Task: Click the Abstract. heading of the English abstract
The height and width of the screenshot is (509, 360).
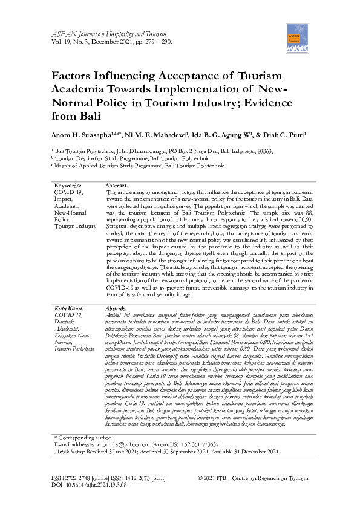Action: (117, 186)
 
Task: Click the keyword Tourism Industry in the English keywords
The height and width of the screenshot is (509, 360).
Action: (76, 226)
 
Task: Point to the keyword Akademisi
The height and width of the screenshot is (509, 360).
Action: (68, 328)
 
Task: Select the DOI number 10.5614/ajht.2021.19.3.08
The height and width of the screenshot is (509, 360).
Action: (98, 485)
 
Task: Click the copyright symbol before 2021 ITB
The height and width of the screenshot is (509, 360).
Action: (201, 478)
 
